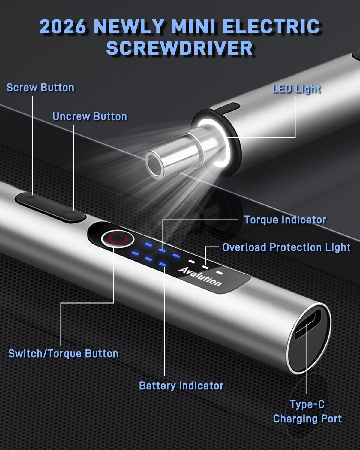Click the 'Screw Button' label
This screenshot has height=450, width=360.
40,87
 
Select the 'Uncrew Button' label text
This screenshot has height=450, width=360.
90,116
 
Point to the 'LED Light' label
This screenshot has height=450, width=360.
296,89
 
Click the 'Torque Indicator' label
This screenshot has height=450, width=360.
285,220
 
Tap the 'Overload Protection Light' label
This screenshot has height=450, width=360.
286,247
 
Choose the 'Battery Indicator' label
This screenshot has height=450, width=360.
181,386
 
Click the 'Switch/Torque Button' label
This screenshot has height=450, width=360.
64,354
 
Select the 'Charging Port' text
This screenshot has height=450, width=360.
307,418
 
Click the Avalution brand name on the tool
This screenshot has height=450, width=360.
200,276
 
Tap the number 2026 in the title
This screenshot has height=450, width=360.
63,27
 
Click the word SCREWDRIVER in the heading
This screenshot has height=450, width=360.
180,48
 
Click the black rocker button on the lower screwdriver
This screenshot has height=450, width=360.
50,207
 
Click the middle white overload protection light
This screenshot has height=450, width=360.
205,267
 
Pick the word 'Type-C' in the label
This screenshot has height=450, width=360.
307,404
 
